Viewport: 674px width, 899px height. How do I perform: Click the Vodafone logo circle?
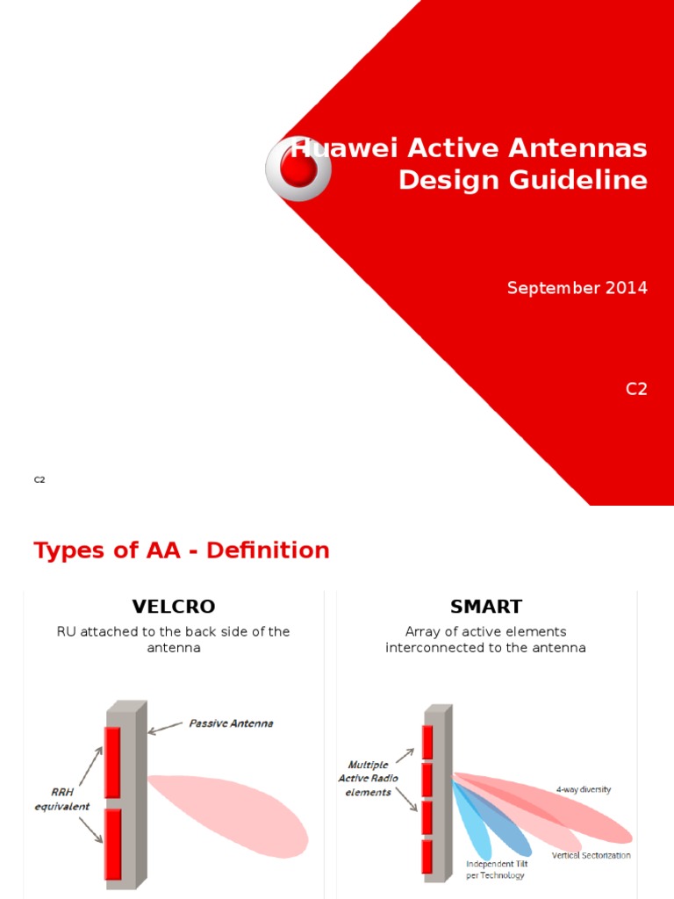point(298,169)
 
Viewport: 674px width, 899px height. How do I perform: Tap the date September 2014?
point(577,288)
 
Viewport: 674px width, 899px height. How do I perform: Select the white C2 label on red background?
point(636,389)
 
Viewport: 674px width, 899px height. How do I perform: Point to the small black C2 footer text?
point(39,479)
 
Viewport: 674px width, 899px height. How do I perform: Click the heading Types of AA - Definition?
point(182,550)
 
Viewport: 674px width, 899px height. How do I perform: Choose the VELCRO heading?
point(173,607)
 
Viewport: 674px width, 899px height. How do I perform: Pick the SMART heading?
point(485,607)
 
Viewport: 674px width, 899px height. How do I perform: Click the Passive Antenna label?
point(231,723)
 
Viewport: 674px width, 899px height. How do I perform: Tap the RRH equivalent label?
point(62,800)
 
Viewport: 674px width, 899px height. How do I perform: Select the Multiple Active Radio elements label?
point(369,779)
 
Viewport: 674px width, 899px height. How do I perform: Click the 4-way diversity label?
point(583,789)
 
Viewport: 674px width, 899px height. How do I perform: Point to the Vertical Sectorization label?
point(591,855)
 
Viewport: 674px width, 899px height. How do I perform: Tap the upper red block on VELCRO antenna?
point(112,762)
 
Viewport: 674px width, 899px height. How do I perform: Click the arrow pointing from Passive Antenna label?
point(166,728)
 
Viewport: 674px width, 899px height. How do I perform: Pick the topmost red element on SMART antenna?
point(427,742)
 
